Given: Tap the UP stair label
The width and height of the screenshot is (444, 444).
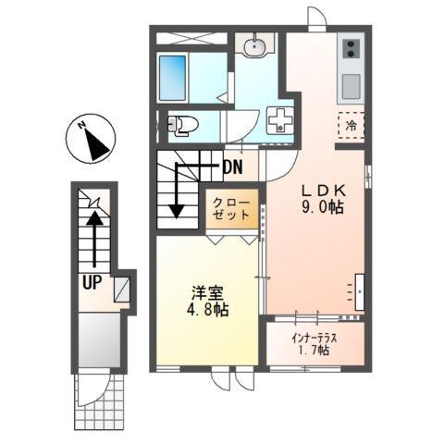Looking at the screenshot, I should pyautogui.click(x=91, y=283).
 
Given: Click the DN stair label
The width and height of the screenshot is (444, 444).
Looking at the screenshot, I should pyautogui.click(x=233, y=168).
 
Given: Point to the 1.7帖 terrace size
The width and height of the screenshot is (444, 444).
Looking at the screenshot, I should pyautogui.click(x=314, y=351).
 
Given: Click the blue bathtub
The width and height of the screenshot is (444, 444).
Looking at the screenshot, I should pyautogui.click(x=172, y=77).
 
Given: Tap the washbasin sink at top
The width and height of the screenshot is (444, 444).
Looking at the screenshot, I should pyautogui.click(x=253, y=47).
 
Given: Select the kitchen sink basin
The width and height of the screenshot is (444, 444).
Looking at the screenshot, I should pyautogui.click(x=351, y=86).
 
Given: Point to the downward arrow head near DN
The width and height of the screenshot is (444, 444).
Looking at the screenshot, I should pyautogui.click(x=176, y=214).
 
